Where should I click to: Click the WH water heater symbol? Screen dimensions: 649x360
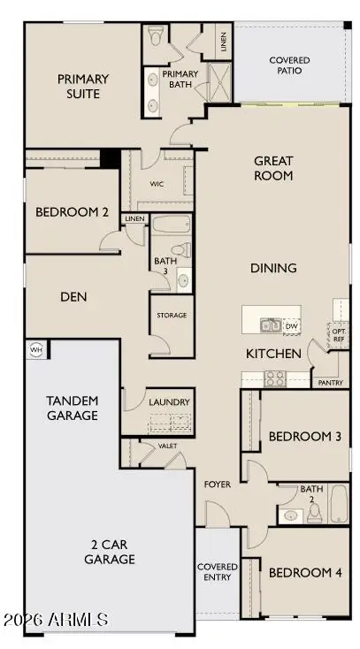tap(36, 347)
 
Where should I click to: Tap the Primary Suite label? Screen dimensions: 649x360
tap(78, 86)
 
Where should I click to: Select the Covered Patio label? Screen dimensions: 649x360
tap(289, 66)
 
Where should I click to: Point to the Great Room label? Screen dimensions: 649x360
tap(273, 168)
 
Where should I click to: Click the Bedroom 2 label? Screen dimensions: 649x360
tap(72, 212)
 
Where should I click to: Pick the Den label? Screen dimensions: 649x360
tap(73, 297)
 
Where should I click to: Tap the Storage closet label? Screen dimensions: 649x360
tap(171, 315)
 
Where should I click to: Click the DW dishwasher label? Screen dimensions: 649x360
tap(291, 326)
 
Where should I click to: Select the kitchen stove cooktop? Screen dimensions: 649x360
tap(275, 378)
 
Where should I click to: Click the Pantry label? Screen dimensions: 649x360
tap(330, 383)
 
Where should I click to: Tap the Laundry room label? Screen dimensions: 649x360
tap(169, 402)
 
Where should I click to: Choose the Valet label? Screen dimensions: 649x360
tap(168, 447)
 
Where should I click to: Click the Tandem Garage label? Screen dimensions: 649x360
tap(72, 408)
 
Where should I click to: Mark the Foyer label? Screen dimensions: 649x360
tap(218, 485)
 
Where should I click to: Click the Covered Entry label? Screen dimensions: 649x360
tap(217, 572)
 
